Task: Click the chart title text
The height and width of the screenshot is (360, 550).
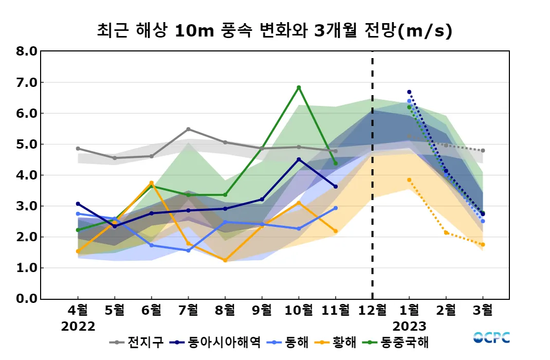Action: pyautogui.click(x=274, y=31)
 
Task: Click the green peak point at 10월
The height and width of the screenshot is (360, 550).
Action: pyautogui.click(x=299, y=87)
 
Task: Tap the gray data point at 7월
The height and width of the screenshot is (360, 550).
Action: pyautogui.click(x=188, y=129)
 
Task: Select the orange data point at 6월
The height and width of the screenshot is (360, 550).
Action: pyautogui.click(x=151, y=183)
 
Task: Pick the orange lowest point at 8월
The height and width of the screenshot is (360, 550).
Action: pyautogui.click(x=225, y=260)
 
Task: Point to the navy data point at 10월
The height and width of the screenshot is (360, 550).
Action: pyautogui.click(x=299, y=159)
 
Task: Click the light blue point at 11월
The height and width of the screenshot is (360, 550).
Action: pyautogui.click(x=336, y=208)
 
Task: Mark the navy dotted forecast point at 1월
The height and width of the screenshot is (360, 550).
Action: pyautogui.click(x=409, y=92)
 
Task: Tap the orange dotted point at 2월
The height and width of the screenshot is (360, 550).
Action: pyautogui.click(x=446, y=232)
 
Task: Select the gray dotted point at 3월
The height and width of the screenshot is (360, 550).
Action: pyautogui.click(x=483, y=151)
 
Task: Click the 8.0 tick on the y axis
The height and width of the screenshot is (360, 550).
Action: pyautogui.click(x=26, y=51)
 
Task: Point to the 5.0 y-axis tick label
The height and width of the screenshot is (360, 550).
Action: pyautogui.click(x=26, y=145)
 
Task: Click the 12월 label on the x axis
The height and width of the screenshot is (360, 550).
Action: pyautogui.click(x=372, y=310)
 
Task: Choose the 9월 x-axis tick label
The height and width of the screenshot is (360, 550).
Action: pyautogui.click(x=262, y=310)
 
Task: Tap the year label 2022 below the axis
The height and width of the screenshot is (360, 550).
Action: pyautogui.click(x=78, y=327)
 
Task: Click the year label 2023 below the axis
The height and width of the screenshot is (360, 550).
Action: pyautogui.click(x=409, y=327)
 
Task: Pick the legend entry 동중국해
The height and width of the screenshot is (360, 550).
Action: pyautogui.click(x=404, y=342)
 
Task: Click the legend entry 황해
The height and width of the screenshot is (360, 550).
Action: pyautogui.click(x=339, y=342)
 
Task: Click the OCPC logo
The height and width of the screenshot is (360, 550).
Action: pyautogui.click(x=491, y=338)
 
